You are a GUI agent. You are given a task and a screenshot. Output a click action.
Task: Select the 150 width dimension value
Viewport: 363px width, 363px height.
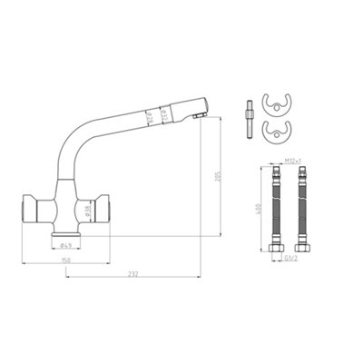click(x=65, y=261)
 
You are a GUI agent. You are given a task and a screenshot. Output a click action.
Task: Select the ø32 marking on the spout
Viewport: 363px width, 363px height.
click(x=163, y=113)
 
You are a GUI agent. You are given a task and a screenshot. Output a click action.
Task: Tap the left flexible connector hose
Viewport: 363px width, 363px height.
click(x=271, y=208)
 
